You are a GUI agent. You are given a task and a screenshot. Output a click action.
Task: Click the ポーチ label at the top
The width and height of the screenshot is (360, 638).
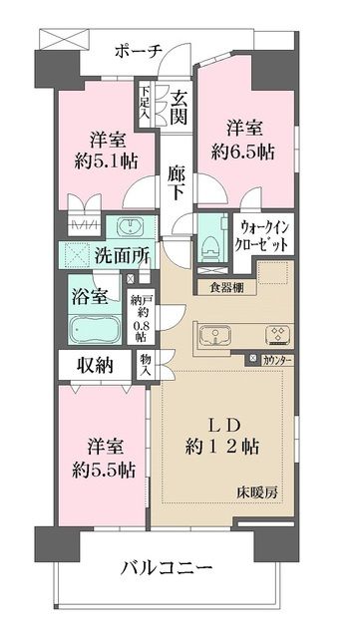click(139, 51)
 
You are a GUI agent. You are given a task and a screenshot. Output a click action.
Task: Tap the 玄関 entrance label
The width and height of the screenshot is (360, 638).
click(179, 107)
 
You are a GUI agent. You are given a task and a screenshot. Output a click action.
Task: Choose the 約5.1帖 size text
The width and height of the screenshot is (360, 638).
click(106, 161)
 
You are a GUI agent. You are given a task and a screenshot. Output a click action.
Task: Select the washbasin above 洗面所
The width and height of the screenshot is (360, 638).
click(131, 226)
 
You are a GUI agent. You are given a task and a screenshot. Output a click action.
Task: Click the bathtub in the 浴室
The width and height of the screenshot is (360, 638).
click(94, 329)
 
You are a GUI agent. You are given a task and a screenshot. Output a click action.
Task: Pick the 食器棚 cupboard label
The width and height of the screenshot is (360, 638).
click(226, 288)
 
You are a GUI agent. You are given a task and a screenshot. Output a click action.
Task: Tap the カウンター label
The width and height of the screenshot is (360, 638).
click(276, 359)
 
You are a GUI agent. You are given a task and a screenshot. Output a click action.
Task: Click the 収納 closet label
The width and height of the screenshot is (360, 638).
click(94, 367)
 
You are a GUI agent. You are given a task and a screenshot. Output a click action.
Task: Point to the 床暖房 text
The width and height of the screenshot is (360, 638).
click(256, 492)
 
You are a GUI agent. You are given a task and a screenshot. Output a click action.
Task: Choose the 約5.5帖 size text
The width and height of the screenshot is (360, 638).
click(104, 472)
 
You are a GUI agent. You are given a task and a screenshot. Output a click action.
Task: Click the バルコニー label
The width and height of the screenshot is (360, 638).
click(167, 567)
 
